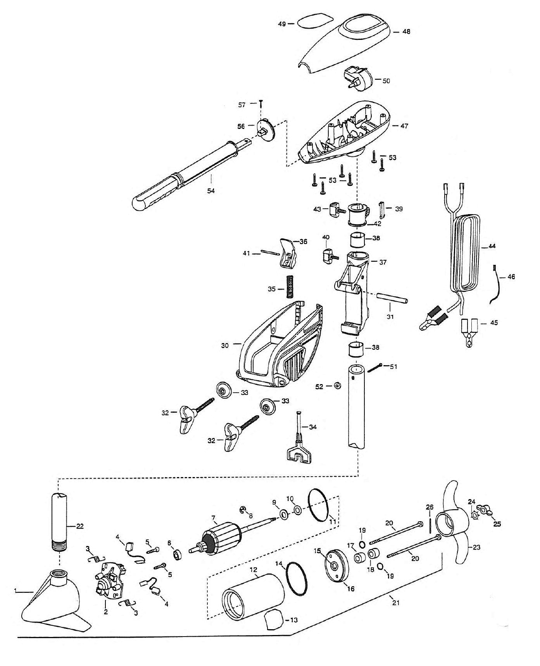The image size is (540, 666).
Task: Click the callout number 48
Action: point(406,32)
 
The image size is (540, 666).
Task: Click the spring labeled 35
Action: point(289,286)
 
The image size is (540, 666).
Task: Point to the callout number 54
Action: point(211,191)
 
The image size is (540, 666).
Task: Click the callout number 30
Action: point(225,345)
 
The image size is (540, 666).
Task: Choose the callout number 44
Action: point(492,246)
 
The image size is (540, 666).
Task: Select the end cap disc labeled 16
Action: point(336,566)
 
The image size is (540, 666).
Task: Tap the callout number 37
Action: point(383,262)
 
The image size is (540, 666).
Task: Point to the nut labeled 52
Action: point(337,386)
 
